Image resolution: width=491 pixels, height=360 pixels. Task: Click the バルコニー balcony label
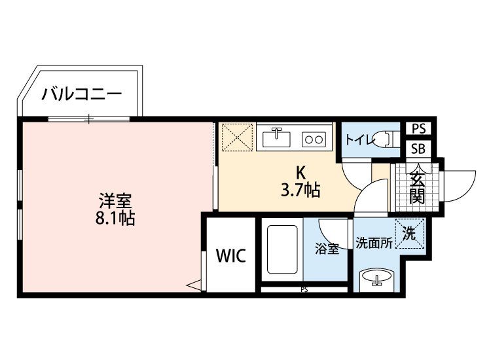(81, 94)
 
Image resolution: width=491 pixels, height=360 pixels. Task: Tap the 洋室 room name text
(115, 201)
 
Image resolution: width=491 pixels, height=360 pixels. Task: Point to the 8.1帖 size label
(115, 219)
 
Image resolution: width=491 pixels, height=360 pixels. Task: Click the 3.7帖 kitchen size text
(300, 190)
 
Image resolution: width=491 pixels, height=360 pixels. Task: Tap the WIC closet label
(231, 256)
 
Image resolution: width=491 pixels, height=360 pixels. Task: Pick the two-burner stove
(314, 139)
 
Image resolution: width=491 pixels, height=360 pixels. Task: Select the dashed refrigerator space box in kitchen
(237, 137)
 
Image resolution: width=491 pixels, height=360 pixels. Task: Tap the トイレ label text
(359, 139)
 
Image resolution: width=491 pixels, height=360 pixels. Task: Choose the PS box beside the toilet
(419, 128)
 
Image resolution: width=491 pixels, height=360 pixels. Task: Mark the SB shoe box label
(418, 149)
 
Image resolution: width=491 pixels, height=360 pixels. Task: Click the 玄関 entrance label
(417, 188)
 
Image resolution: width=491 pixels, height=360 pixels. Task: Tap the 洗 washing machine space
(410, 233)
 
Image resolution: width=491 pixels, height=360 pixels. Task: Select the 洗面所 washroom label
(374, 243)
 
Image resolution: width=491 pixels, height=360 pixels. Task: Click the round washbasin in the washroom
(376, 277)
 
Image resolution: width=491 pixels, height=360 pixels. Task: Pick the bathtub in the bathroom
(282, 249)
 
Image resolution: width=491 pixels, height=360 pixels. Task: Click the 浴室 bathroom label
(327, 249)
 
